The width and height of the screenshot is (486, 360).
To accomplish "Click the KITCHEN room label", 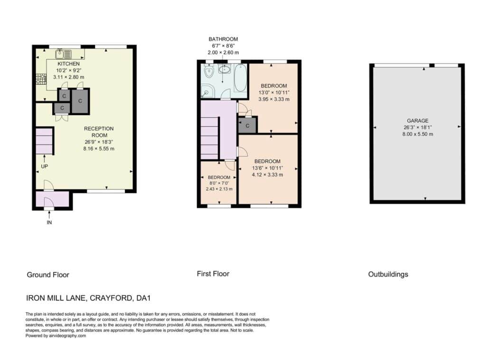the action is (68, 64).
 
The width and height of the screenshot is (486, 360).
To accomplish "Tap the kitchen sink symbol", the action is (64, 54).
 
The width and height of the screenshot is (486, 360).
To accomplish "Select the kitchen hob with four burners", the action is (41, 79).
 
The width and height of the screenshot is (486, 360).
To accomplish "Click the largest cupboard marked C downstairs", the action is (80, 101).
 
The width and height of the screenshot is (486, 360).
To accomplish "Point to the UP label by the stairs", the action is (44, 166).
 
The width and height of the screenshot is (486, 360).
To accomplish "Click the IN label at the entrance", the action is (49, 222).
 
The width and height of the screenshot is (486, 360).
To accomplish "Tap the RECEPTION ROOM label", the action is (99, 132).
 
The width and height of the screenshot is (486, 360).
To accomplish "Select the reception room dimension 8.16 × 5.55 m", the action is (99, 149).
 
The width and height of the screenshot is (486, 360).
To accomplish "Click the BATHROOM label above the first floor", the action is (223, 39).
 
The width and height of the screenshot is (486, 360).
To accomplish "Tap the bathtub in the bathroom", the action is (241, 78).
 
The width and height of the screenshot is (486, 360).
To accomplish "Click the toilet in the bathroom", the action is (209, 72).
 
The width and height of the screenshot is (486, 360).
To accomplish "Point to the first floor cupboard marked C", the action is (247, 125).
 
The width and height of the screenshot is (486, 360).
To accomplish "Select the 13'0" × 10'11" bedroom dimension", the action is (274, 93).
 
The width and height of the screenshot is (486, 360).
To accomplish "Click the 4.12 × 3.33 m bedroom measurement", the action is (268, 175).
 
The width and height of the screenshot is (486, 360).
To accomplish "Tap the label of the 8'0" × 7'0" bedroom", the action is (219, 177).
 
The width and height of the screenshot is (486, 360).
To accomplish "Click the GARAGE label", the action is (418, 121).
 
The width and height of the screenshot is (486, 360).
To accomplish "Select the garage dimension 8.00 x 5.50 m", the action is (418, 134).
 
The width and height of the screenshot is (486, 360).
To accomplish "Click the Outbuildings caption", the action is (388, 274).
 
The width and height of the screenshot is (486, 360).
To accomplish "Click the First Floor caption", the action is (213, 274).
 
